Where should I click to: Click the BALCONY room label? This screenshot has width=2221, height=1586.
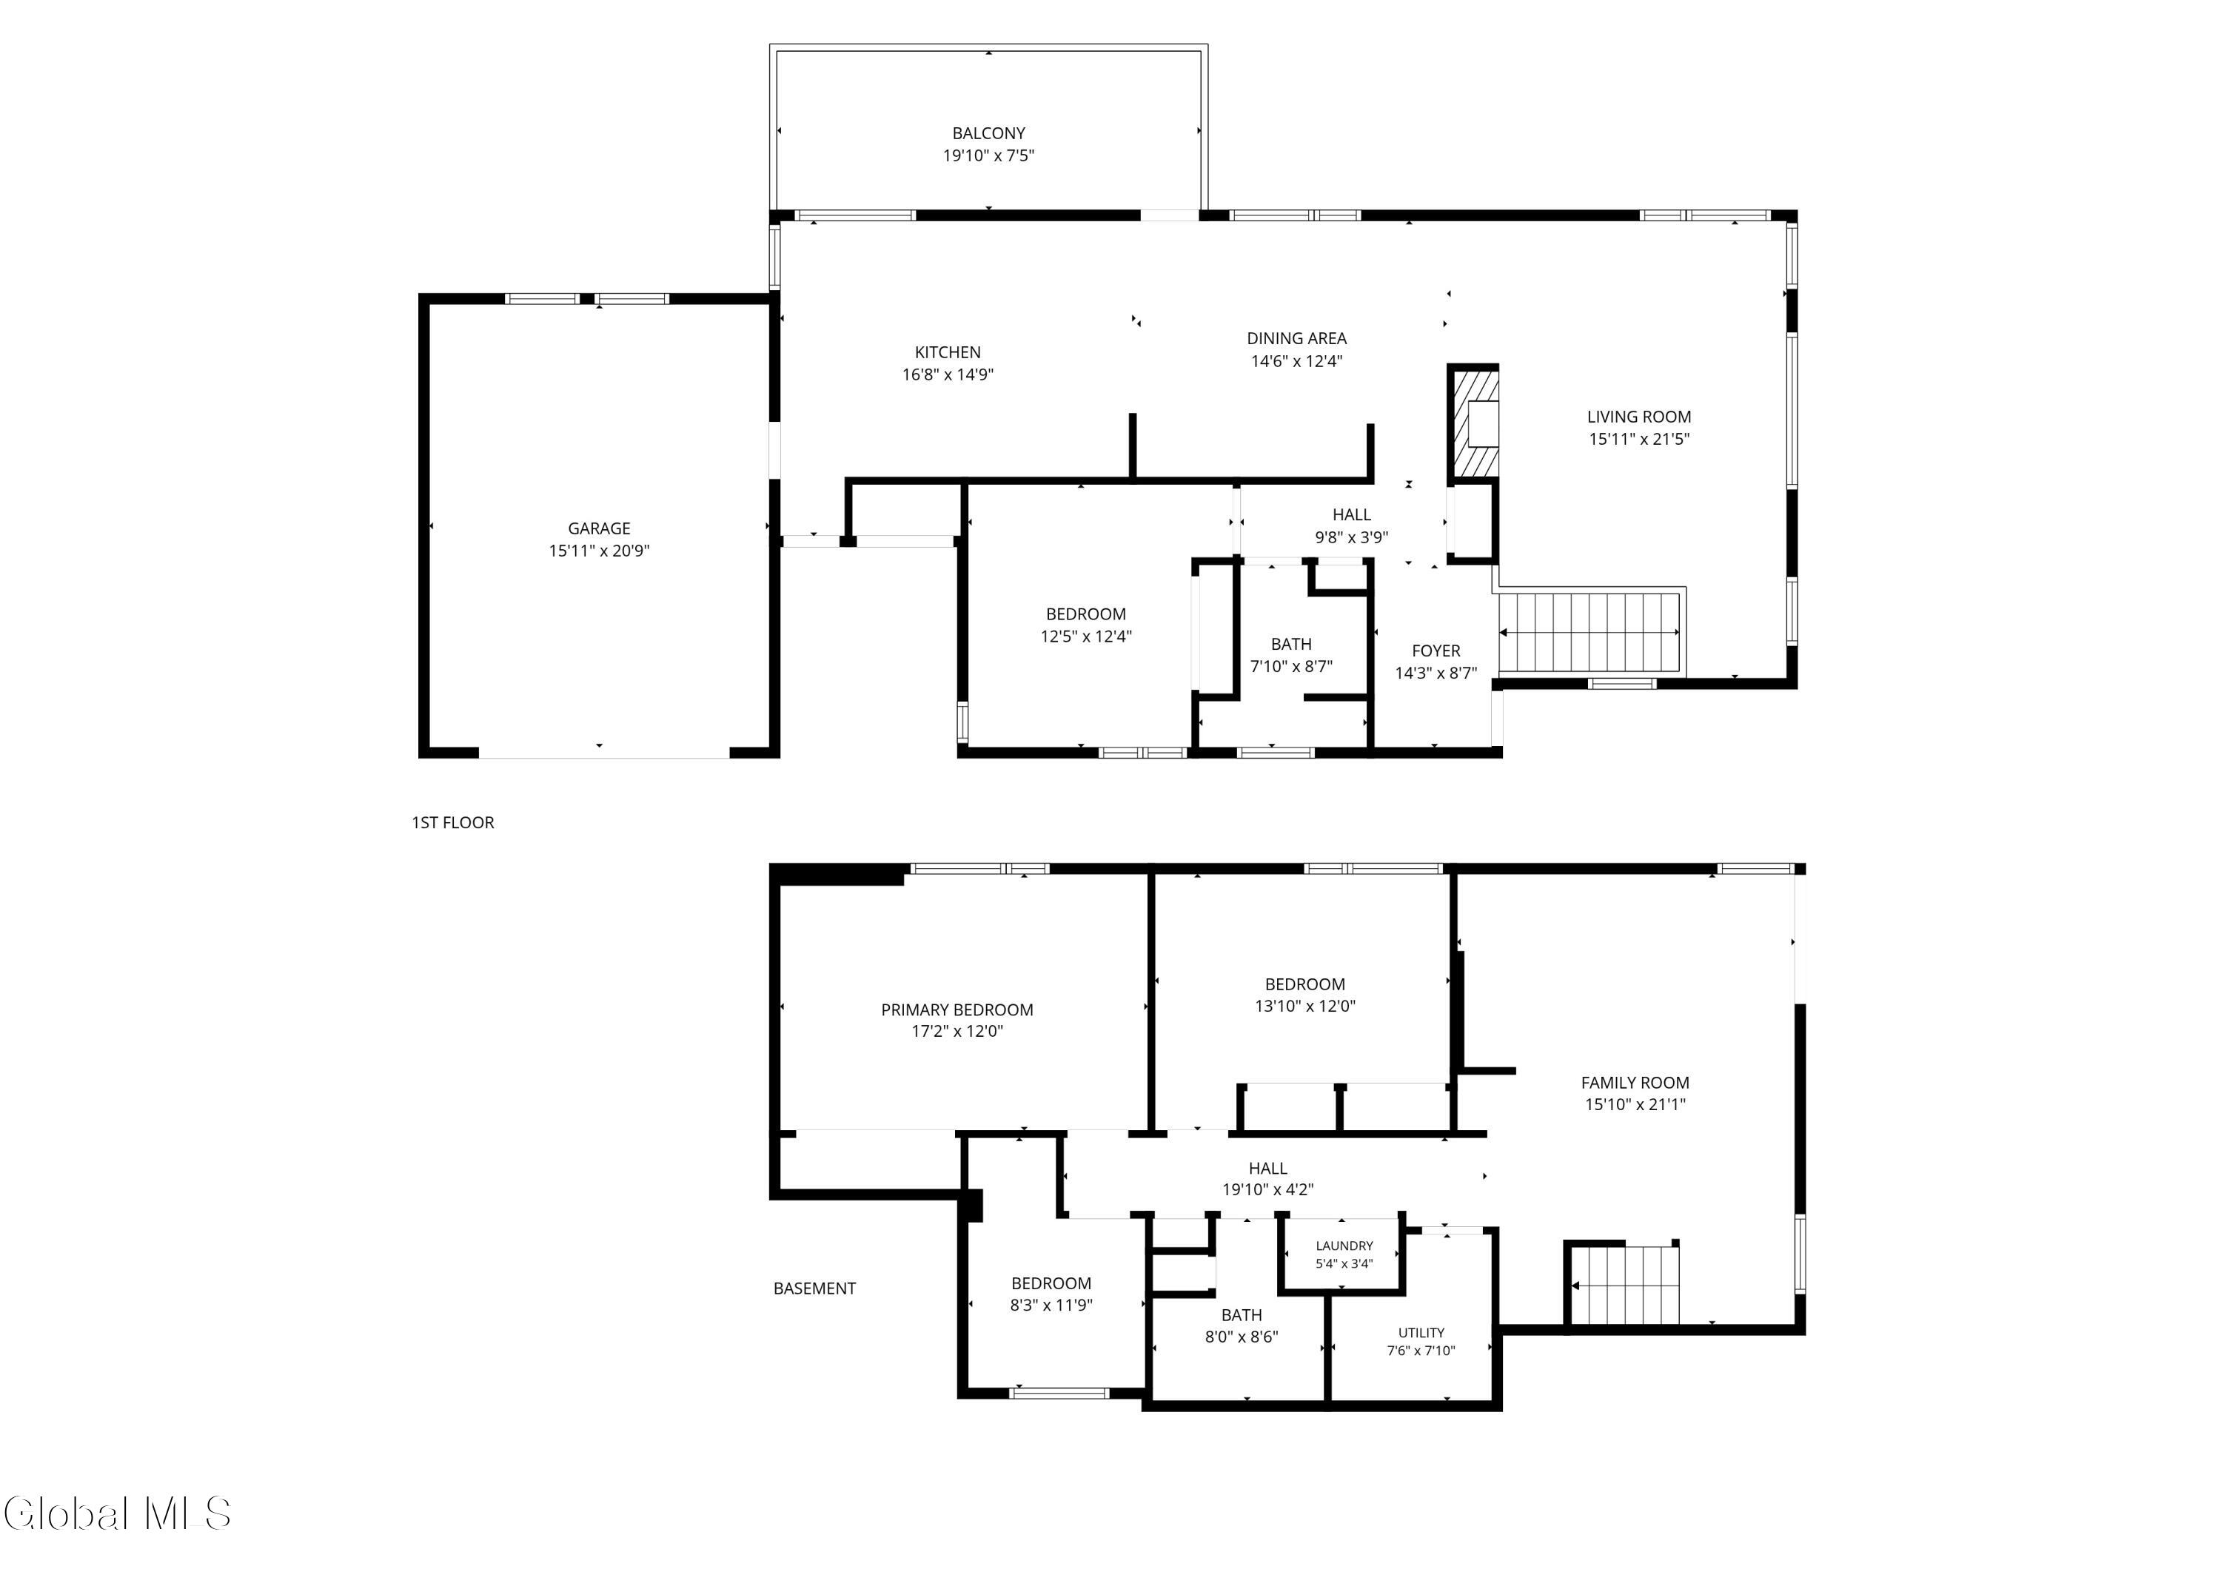pos(988,132)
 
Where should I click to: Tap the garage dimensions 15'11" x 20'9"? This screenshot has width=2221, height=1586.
pos(599,551)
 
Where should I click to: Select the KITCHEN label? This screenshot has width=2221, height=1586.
pos(948,352)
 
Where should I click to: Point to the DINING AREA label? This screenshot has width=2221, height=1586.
pos(1296,339)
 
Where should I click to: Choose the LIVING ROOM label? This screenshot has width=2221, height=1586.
pos(1639,417)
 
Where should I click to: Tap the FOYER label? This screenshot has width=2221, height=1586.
pos(1436,651)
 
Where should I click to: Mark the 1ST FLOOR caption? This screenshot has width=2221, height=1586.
pos(452,822)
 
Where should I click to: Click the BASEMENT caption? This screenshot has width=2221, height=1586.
pos(814,1288)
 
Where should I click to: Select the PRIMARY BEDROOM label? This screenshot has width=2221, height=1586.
pos(957,1009)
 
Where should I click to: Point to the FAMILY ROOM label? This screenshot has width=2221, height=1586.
pos(1635,1082)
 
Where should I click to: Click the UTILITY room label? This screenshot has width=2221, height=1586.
pos(1421,1332)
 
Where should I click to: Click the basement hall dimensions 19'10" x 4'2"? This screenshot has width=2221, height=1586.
pos(1267,1189)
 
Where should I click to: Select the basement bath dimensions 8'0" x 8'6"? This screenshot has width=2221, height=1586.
pos(1242,1337)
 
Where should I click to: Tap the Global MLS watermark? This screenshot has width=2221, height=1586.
pos(117,1513)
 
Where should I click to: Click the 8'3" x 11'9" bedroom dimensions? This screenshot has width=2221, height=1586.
pos(1051,1305)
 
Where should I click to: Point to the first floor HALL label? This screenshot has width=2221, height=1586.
pos(1352,514)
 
